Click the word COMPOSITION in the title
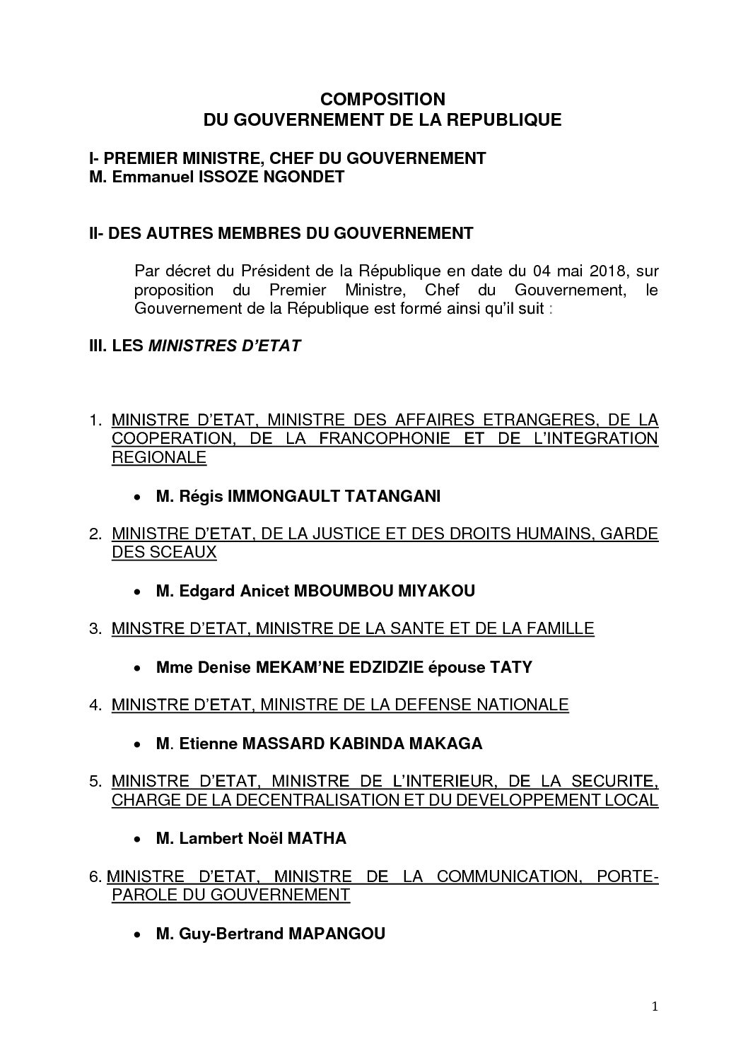pos(382,98)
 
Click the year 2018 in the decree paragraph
pos(607,271)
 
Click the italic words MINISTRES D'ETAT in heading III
pos(223,346)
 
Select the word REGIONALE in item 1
pos(159,457)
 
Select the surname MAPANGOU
pos(337,934)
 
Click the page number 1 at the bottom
pos(654,1028)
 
